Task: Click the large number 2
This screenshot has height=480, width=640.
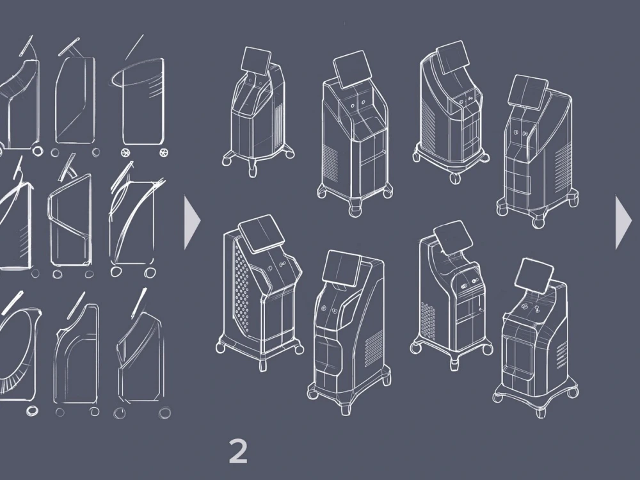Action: [238, 451]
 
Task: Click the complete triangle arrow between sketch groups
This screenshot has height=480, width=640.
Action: [191, 223]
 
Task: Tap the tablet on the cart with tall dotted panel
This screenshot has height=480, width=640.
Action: [262, 234]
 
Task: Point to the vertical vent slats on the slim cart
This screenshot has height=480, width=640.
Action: [279, 127]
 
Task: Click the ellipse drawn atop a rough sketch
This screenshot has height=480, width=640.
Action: [137, 77]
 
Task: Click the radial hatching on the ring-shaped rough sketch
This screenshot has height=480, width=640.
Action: [12, 381]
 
